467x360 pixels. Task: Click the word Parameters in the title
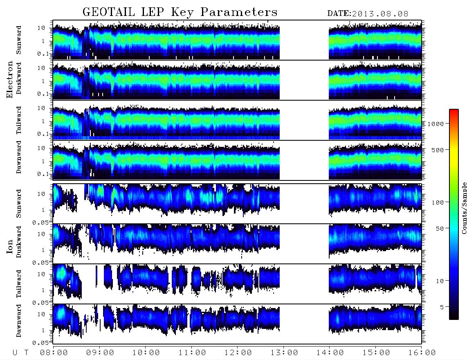click(x=239, y=12)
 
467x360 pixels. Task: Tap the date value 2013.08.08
click(x=380, y=14)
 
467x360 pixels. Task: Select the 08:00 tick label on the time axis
click(x=54, y=353)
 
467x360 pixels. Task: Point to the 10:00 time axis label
click(x=146, y=353)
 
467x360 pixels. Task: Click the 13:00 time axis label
click(x=284, y=353)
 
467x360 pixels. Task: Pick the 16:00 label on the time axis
click(x=422, y=353)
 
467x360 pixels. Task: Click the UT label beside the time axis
click(x=20, y=353)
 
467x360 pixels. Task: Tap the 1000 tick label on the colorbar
click(x=436, y=124)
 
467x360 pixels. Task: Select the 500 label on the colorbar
click(x=438, y=150)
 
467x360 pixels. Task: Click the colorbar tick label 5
click(x=442, y=307)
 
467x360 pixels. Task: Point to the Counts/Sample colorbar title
click(x=464, y=208)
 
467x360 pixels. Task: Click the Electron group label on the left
click(x=10, y=79)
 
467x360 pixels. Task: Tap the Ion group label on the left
click(x=10, y=246)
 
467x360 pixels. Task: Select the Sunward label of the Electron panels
click(x=19, y=40)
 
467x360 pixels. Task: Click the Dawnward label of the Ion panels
click(x=19, y=320)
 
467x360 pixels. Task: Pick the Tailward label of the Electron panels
click(x=19, y=120)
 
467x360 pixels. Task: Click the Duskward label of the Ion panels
click(x=19, y=242)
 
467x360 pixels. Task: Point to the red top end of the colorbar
click(x=454, y=110)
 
